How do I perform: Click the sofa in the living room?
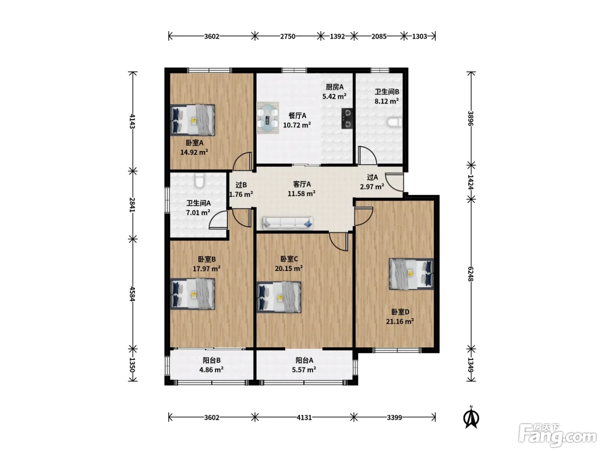pos(288,223)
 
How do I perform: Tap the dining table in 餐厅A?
pos(268,118)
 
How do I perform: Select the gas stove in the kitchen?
pos(347,119)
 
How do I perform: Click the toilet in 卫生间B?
pos(395,122)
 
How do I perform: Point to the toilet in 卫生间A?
pos(199,180)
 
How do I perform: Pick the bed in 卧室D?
pos(411,274)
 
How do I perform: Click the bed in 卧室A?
pos(192,120)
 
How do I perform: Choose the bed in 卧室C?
pos(279,297)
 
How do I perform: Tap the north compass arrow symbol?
pos(472,418)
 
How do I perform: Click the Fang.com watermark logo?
pos(557,435)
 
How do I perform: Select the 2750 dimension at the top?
pos(288,36)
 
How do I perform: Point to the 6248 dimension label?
pos(471,274)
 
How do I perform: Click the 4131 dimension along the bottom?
pos(304,418)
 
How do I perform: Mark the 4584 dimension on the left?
pos(132,294)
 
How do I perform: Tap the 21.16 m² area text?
pos(400,321)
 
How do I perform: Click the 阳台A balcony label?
pos(304,360)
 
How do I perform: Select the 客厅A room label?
pos(302,184)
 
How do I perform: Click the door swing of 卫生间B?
pos(367,156)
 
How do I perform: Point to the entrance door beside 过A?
pos(394,182)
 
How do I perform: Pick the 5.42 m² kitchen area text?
pos(334,96)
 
